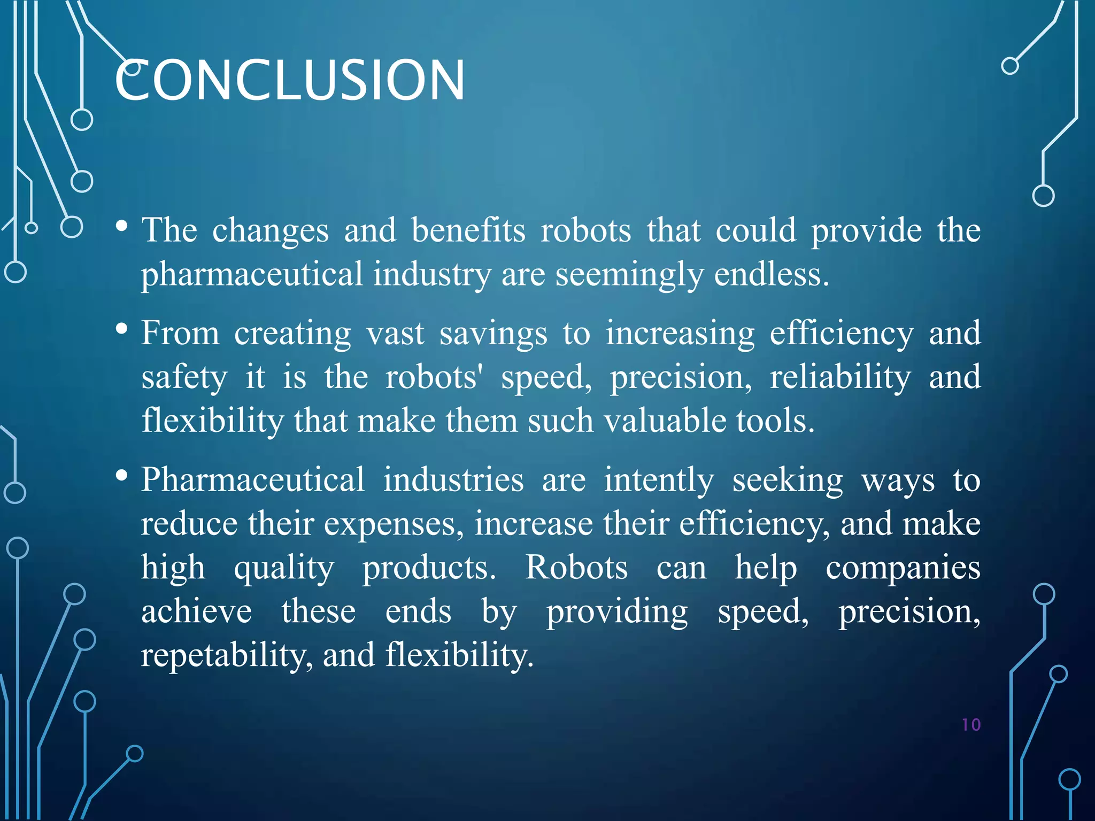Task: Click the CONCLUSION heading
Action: (x=289, y=80)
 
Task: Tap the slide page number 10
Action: (x=971, y=725)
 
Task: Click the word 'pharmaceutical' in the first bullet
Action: (x=252, y=274)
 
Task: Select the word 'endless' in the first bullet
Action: (x=770, y=274)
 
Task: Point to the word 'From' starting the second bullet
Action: (x=180, y=333)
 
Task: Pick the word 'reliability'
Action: (x=840, y=377)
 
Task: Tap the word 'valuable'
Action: (x=665, y=421)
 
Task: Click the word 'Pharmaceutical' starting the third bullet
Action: (x=253, y=479)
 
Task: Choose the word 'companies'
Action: (x=903, y=568)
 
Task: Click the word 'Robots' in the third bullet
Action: (x=576, y=567)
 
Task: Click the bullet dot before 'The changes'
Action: (x=122, y=227)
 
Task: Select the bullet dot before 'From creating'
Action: (x=122, y=329)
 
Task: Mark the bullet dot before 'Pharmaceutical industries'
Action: (x=122, y=475)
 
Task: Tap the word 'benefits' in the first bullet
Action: (x=468, y=230)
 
